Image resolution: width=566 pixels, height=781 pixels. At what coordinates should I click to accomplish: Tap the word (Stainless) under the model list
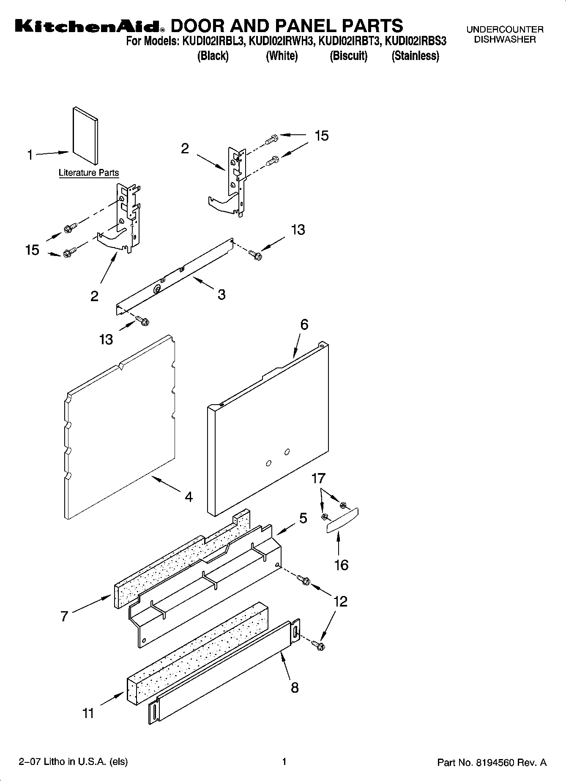pos(415,56)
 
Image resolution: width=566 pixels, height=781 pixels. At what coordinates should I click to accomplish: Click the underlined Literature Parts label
pos(89,173)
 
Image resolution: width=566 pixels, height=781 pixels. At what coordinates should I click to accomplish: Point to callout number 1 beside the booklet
pos(30,155)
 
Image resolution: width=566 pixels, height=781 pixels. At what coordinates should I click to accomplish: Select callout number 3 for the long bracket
pos(221,294)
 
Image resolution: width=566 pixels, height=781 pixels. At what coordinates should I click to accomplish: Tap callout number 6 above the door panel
pos(304,324)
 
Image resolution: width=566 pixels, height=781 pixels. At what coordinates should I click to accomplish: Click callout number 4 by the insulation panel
pos(189,497)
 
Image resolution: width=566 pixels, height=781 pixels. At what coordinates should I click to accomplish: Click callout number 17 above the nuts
pos(318,478)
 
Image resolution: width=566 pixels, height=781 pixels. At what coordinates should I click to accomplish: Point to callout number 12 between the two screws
pos(340,601)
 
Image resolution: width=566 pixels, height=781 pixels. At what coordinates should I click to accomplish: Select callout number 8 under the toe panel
pos(295,688)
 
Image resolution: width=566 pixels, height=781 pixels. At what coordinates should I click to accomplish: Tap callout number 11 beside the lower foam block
pos(88,713)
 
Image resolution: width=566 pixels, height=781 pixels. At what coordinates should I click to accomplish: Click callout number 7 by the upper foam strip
pos(64,616)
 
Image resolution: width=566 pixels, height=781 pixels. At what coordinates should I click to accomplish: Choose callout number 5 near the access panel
pos(303,518)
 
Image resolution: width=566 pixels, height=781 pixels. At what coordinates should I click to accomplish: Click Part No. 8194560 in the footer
pos(492,762)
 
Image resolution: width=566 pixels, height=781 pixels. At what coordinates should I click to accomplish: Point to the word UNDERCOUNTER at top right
pos(505,30)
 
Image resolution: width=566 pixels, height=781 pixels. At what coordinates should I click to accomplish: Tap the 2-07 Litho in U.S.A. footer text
pos(73,762)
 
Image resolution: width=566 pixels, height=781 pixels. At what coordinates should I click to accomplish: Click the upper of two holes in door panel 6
pos(287,452)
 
